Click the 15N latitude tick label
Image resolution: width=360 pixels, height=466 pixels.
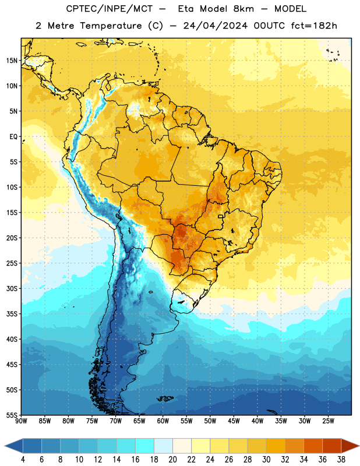(12, 61)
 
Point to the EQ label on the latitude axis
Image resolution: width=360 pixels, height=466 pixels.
(13, 137)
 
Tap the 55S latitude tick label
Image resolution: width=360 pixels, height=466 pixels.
(12, 415)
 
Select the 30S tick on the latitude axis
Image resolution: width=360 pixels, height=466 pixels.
(12, 288)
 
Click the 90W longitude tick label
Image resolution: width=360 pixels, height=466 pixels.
(21, 421)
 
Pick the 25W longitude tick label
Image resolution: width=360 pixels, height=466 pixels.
(328, 421)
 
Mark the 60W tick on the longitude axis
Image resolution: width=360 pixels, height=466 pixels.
(163, 421)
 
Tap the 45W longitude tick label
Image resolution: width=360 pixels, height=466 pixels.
(234, 421)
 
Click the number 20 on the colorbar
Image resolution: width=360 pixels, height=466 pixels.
(172, 460)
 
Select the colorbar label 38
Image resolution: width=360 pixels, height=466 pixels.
(341, 460)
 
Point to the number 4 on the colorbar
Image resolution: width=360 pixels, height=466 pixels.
(23, 460)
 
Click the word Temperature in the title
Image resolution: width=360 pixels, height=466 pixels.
(111, 26)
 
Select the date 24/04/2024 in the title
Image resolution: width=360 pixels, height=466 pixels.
(215, 26)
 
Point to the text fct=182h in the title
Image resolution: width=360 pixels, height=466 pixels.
(314, 26)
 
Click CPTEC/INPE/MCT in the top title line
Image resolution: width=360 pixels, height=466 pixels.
(110, 9)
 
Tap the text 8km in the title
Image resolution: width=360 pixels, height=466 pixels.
(243, 9)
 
